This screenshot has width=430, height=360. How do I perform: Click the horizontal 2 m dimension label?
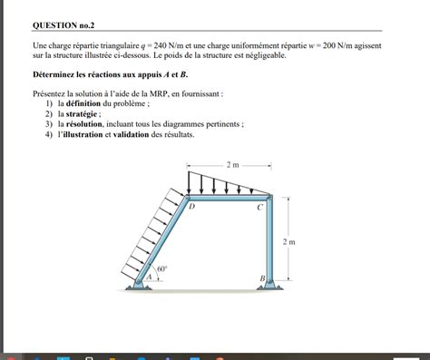tap(233, 165)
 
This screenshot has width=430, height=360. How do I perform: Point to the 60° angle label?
tap(161, 269)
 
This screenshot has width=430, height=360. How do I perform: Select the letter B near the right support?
tap(262, 277)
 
